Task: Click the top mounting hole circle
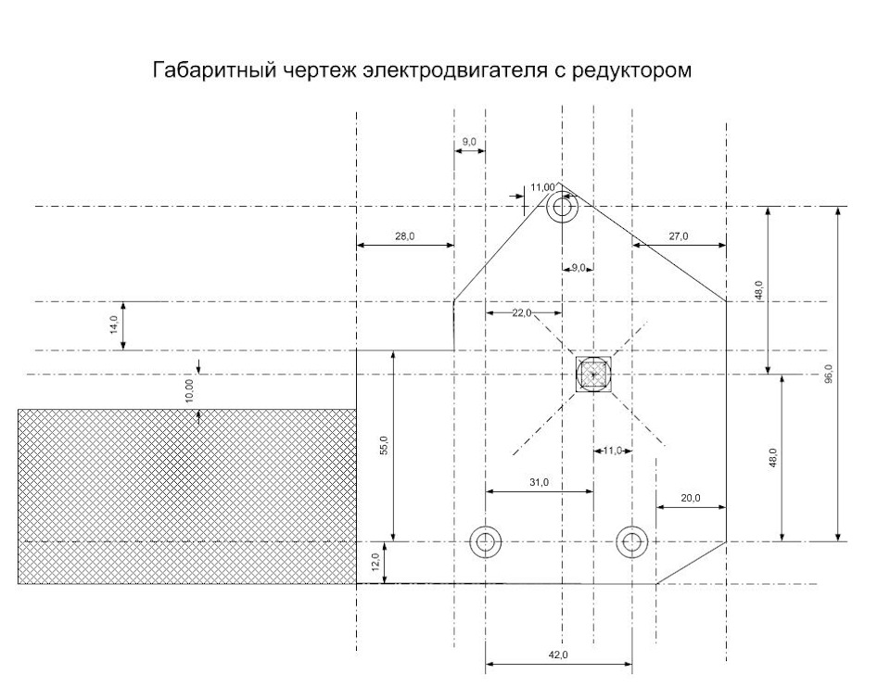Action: click(x=562, y=207)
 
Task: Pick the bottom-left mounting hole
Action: click(x=486, y=540)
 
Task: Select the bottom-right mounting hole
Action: click(x=632, y=540)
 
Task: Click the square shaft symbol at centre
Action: click(x=593, y=375)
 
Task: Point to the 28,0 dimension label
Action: click(x=405, y=237)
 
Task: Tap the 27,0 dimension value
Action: click(x=679, y=237)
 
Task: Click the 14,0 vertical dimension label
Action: click(x=114, y=325)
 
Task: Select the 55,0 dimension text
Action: click(x=384, y=445)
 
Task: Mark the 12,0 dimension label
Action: click(x=375, y=562)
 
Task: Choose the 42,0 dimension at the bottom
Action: click(x=558, y=655)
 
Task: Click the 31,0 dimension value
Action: click(x=539, y=483)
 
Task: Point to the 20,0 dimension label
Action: click(x=691, y=499)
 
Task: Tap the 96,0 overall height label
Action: click(x=829, y=373)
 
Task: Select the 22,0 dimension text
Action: click(x=522, y=313)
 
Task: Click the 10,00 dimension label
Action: click(x=189, y=390)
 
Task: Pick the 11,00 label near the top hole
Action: click(x=542, y=188)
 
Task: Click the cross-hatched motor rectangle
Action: click(x=186, y=496)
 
